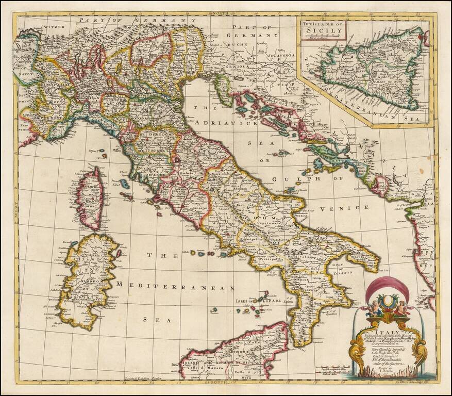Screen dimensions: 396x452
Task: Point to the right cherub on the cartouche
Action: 400,308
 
